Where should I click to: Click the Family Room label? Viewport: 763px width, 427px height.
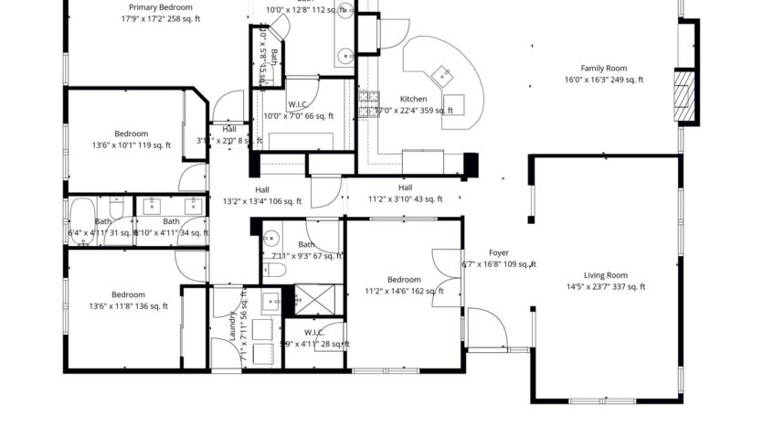(603, 68)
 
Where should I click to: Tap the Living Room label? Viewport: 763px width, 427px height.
(606, 274)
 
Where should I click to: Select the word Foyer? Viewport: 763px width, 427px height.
(498, 252)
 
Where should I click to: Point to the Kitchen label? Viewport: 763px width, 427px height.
(413, 99)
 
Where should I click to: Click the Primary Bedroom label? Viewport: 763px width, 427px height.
(161, 6)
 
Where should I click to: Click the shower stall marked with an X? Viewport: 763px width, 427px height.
(304, 299)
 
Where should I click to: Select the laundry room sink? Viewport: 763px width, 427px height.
(270, 300)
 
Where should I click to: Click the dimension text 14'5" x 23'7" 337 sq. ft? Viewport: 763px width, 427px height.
(606, 287)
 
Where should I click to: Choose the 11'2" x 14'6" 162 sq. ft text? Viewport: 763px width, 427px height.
(404, 292)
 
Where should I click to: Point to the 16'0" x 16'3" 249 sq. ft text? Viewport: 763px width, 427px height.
(603, 80)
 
